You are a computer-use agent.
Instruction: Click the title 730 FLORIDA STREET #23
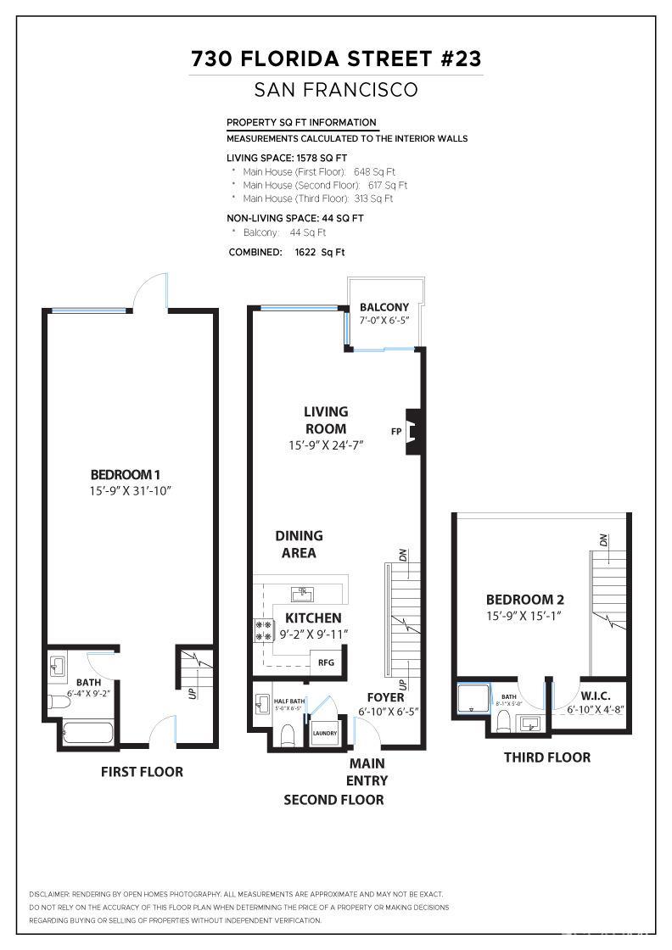click(336, 59)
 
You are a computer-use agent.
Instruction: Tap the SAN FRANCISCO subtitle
click(336, 90)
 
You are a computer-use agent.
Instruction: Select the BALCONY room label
click(384, 307)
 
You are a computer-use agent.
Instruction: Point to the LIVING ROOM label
click(326, 420)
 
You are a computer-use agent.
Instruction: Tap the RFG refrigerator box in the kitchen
click(326, 662)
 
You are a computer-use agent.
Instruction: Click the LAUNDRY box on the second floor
click(324, 733)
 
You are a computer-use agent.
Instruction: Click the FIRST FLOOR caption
click(142, 772)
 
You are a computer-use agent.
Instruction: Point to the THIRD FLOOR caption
click(547, 757)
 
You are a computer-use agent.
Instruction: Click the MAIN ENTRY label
click(367, 772)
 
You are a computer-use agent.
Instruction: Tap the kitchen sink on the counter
click(301, 591)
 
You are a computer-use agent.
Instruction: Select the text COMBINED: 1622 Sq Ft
click(287, 252)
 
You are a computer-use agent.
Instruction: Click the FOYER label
click(385, 697)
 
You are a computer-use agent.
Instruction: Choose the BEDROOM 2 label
click(521, 599)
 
